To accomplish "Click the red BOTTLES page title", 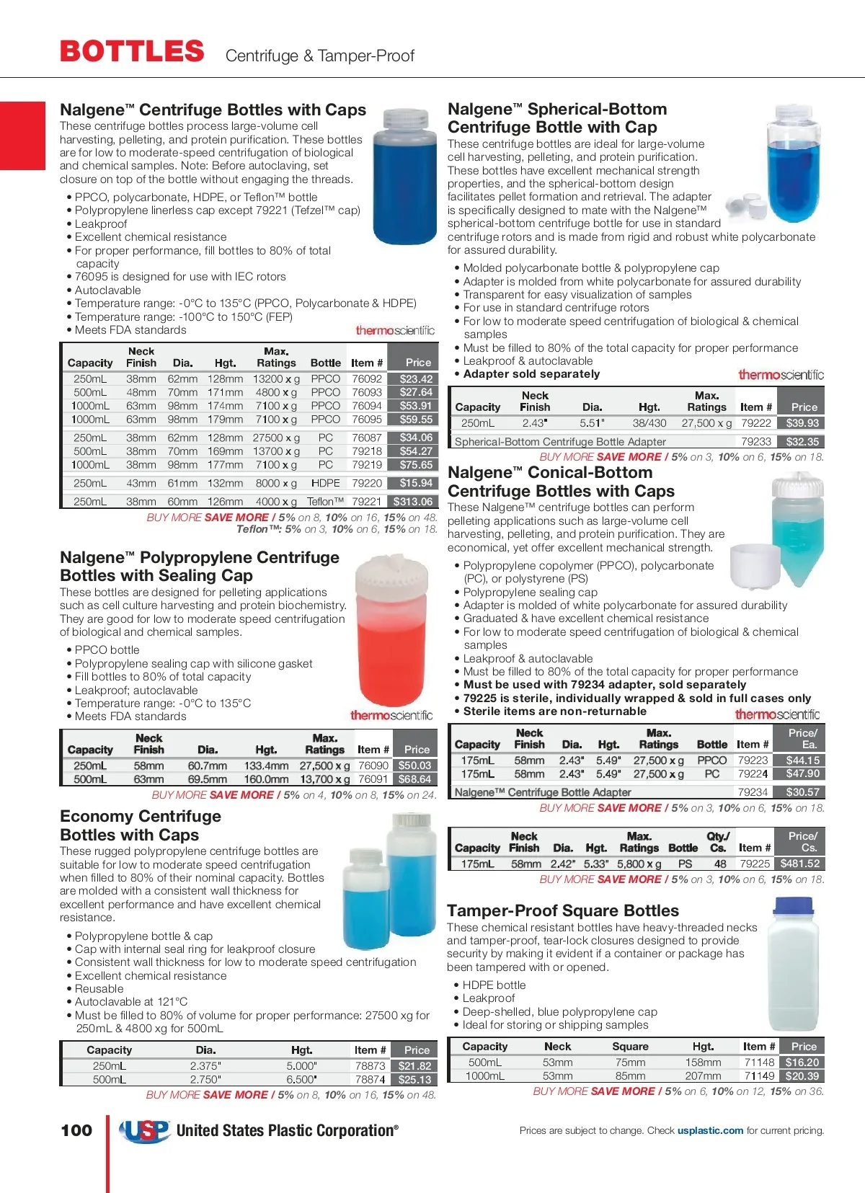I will pyautogui.click(x=132, y=52).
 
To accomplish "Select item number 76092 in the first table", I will pyautogui.click(x=367, y=379).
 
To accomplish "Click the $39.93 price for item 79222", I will pyautogui.click(x=802, y=423).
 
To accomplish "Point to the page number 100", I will pyautogui.click(x=76, y=1130).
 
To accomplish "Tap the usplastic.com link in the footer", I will pyautogui.click(x=710, y=1130).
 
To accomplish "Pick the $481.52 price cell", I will pyautogui.click(x=800, y=864).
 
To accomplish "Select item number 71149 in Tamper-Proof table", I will pyautogui.click(x=760, y=1076).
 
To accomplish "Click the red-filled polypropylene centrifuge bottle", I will pyautogui.click(x=393, y=634).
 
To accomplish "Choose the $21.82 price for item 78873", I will pyautogui.click(x=414, y=1066).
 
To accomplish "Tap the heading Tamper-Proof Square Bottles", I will pyautogui.click(x=563, y=910).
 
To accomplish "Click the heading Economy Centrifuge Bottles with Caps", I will pyautogui.click(x=141, y=825).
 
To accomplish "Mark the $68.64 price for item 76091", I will pyautogui.click(x=414, y=779).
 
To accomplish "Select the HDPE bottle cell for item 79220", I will pyautogui.click(x=326, y=483).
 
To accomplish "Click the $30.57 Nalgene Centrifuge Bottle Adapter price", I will pyautogui.click(x=802, y=792).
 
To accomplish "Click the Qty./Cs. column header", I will pyautogui.click(x=718, y=842).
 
